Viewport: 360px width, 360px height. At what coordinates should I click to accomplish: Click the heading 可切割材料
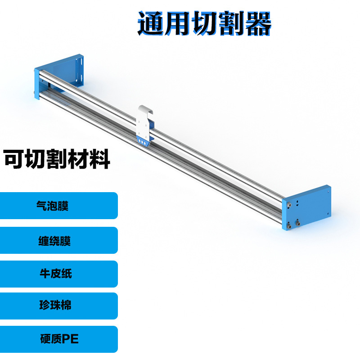tap(57, 160)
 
